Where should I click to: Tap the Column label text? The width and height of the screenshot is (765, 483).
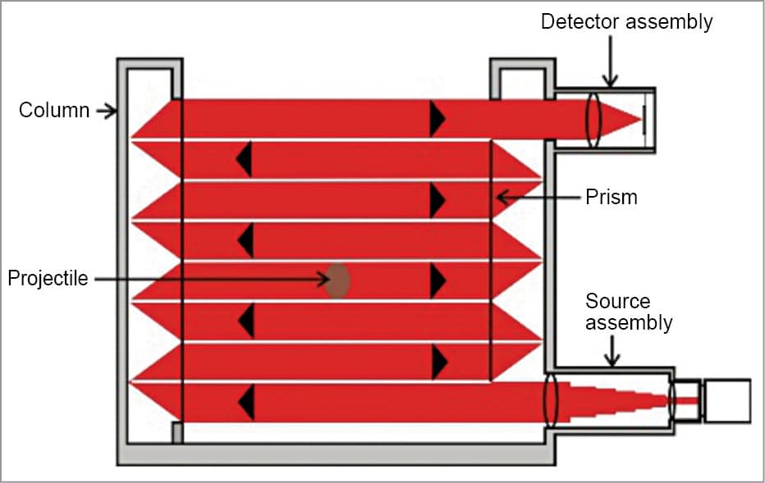(x=54, y=110)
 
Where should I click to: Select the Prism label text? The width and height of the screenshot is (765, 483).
(x=612, y=197)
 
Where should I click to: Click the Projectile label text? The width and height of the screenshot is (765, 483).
(x=48, y=279)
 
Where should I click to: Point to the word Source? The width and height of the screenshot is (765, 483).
(x=617, y=302)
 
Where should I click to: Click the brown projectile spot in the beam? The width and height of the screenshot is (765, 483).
(x=337, y=280)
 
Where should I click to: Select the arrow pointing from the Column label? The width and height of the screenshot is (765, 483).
(x=107, y=111)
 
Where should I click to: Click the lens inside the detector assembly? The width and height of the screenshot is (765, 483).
(x=593, y=120)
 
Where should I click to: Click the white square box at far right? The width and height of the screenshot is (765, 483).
(x=727, y=401)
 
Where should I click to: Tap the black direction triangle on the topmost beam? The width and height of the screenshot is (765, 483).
(x=437, y=120)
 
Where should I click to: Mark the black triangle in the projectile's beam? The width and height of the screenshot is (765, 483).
(x=437, y=280)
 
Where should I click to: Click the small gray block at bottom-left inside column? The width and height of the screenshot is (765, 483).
(x=176, y=433)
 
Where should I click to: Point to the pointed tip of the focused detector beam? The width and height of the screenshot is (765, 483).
(x=639, y=120)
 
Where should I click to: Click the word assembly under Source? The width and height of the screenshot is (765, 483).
(x=630, y=322)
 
